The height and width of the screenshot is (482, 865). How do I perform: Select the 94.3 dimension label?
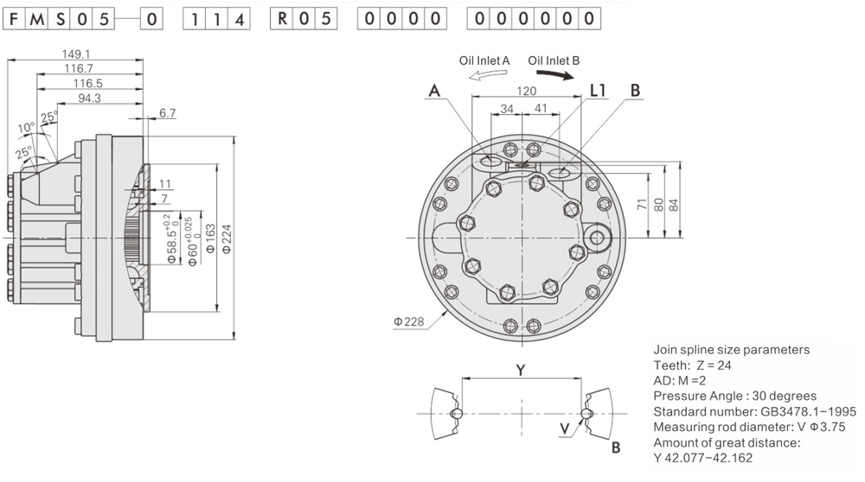click(90, 98)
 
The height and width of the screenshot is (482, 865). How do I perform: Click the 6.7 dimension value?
click(168, 113)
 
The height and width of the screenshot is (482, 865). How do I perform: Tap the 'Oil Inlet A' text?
click(484, 60)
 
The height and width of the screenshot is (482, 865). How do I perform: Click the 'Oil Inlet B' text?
click(554, 60)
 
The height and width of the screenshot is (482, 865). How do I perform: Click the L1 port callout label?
click(598, 90)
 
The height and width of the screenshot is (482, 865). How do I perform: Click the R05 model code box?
click(301, 18)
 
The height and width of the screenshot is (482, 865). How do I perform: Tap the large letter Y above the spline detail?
click(520, 370)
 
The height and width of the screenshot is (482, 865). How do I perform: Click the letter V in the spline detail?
click(564, 428)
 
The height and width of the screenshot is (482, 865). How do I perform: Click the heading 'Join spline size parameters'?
click(731, 350)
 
